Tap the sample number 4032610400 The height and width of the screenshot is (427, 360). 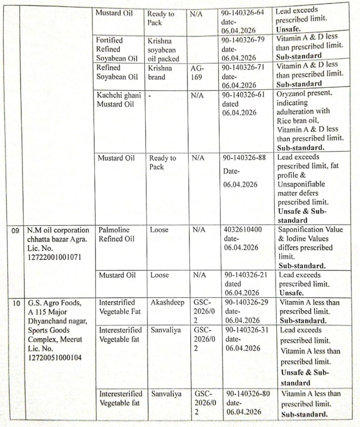(x=244, y=230)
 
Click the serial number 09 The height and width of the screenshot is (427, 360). (x=15, y=231)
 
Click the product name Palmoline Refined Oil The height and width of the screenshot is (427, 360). (x=117, y=234)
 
